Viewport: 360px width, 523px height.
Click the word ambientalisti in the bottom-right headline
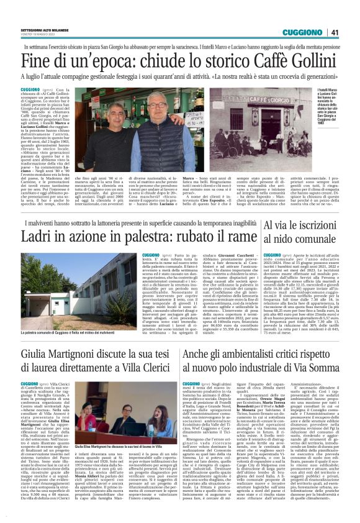[249, 357]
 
